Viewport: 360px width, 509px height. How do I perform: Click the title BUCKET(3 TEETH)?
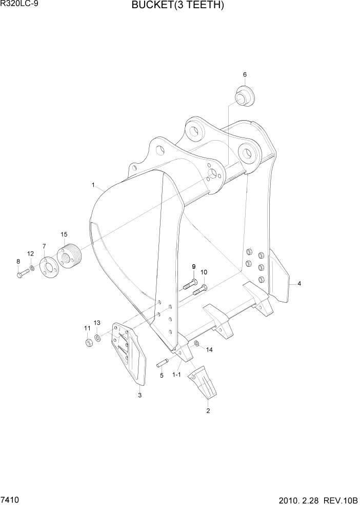pyautogui.click(x=178, y=6)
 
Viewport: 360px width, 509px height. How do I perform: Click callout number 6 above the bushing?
pyautogui.click(x=245, y=75)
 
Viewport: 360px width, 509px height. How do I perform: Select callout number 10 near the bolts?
pyautogui.click(x=204, y=272)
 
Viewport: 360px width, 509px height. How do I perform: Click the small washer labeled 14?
pyautogui.click(x=196, y=343)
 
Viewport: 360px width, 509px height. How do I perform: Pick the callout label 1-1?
pyautogui.click(x=176, y=375)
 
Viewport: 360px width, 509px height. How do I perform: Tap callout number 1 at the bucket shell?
pyautogui.click(x=93, y=184)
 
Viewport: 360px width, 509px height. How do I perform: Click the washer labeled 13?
pyautogui.click(x=97, y=338)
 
